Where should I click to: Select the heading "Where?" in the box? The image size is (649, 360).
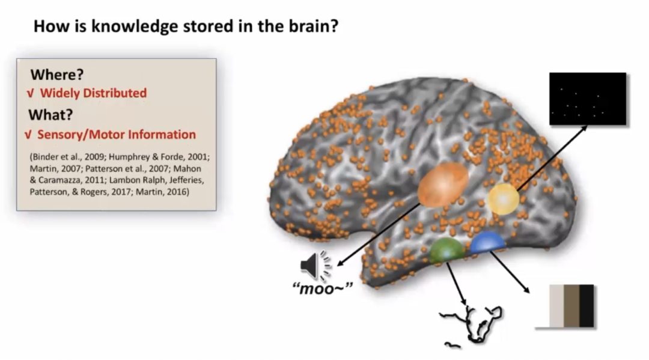pos(57,75)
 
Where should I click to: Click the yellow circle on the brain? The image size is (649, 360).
pos(502,199)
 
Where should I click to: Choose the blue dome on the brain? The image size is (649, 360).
pos(487,243)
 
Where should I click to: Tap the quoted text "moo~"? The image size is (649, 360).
pos(317,290)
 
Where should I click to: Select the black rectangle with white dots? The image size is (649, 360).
pos(587,99)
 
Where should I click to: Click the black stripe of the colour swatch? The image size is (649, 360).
pos(587,305)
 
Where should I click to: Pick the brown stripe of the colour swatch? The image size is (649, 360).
pos(571,305)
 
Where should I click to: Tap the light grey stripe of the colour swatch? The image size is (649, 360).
pos(556,305)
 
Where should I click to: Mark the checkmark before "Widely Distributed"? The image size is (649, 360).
pos(29,94)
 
